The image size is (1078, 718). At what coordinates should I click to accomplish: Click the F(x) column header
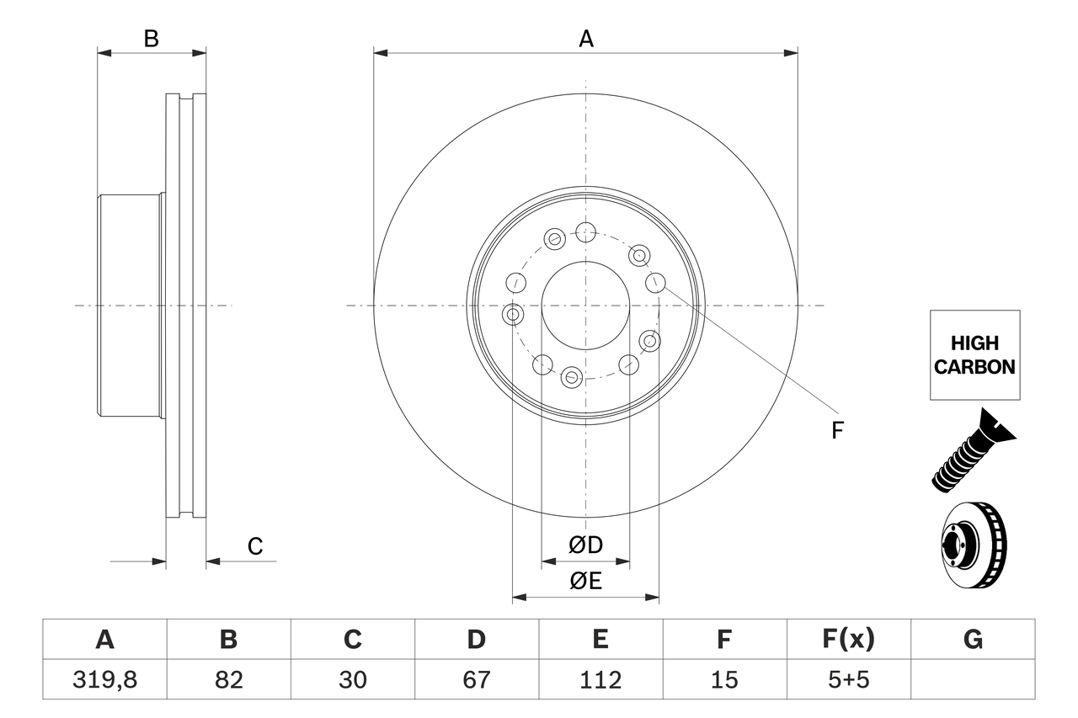(x=847, y=640)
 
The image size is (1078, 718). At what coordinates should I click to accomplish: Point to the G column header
(x=973, y=640)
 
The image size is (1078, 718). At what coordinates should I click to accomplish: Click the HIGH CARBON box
(x=974, y=355)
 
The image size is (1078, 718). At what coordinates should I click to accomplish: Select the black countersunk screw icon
(x=972, y=451)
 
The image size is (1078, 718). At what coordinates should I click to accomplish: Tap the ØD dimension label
(x=585, y=545)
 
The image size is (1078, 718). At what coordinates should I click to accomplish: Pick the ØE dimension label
(x=585, y=582)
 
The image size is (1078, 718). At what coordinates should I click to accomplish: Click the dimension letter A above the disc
(x=585, y=39)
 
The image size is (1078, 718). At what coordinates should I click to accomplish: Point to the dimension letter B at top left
(x=151, y=39)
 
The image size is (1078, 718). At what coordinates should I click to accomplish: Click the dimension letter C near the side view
(x=255, y=546)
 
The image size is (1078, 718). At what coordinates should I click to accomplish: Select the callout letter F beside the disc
(x=837, y=431)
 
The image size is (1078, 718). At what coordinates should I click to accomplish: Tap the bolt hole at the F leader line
(x=655, y=283)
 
